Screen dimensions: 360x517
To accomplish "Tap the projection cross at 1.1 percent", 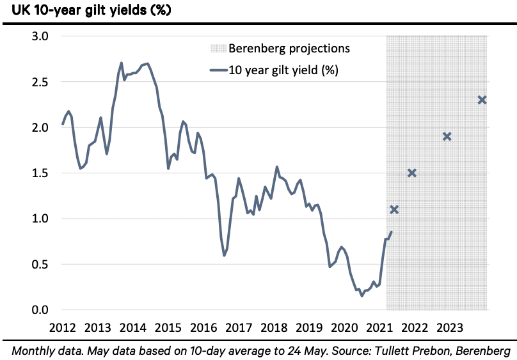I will click(394, 210).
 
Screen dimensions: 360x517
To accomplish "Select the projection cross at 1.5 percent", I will click(412, 173).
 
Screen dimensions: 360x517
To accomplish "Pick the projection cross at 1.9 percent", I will click(447, 136).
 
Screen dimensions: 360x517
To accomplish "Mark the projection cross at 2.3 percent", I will click(482, 100).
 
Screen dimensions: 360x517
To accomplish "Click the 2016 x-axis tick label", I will click(203, 328).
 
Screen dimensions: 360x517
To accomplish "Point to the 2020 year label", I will click(344, 328).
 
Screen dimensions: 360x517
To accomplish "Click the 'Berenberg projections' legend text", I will click(289, 49).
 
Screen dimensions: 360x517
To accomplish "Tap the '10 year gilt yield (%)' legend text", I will click(283, 70).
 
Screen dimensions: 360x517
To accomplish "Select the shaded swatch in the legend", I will click(218, 49).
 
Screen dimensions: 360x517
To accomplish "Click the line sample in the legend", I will click(218, 70).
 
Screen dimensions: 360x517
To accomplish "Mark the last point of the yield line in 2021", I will click(391, 232).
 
